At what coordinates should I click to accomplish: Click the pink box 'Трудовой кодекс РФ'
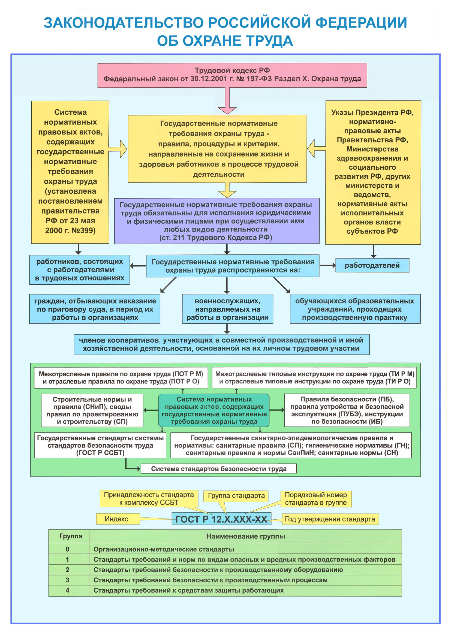click(232, 75)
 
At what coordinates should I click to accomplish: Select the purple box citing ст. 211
click(217, 221)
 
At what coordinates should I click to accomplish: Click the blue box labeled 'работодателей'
click(372, 265)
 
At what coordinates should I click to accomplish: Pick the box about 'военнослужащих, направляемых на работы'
click(227, 309)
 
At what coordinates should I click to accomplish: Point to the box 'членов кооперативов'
click(221, 344)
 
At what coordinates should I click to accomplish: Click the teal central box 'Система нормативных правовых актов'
click(214, 410)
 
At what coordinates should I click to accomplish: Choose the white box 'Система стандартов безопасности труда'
click(219, 469)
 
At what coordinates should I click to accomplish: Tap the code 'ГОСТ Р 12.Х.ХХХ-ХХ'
click(221, 519)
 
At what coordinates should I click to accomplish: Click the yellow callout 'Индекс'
click(117, 519)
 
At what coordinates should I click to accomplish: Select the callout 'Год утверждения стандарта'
click(330, 519)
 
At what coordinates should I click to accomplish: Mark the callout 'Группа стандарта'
click(236, 495)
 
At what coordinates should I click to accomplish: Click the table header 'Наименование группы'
click(246, 536)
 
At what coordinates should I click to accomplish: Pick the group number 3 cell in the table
click(67, 580)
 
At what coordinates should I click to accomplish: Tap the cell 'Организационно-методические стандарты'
click(164, 549)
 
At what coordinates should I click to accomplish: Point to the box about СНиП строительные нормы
click(92, 410)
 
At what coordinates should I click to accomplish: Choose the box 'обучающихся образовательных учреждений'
click(355, 309)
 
